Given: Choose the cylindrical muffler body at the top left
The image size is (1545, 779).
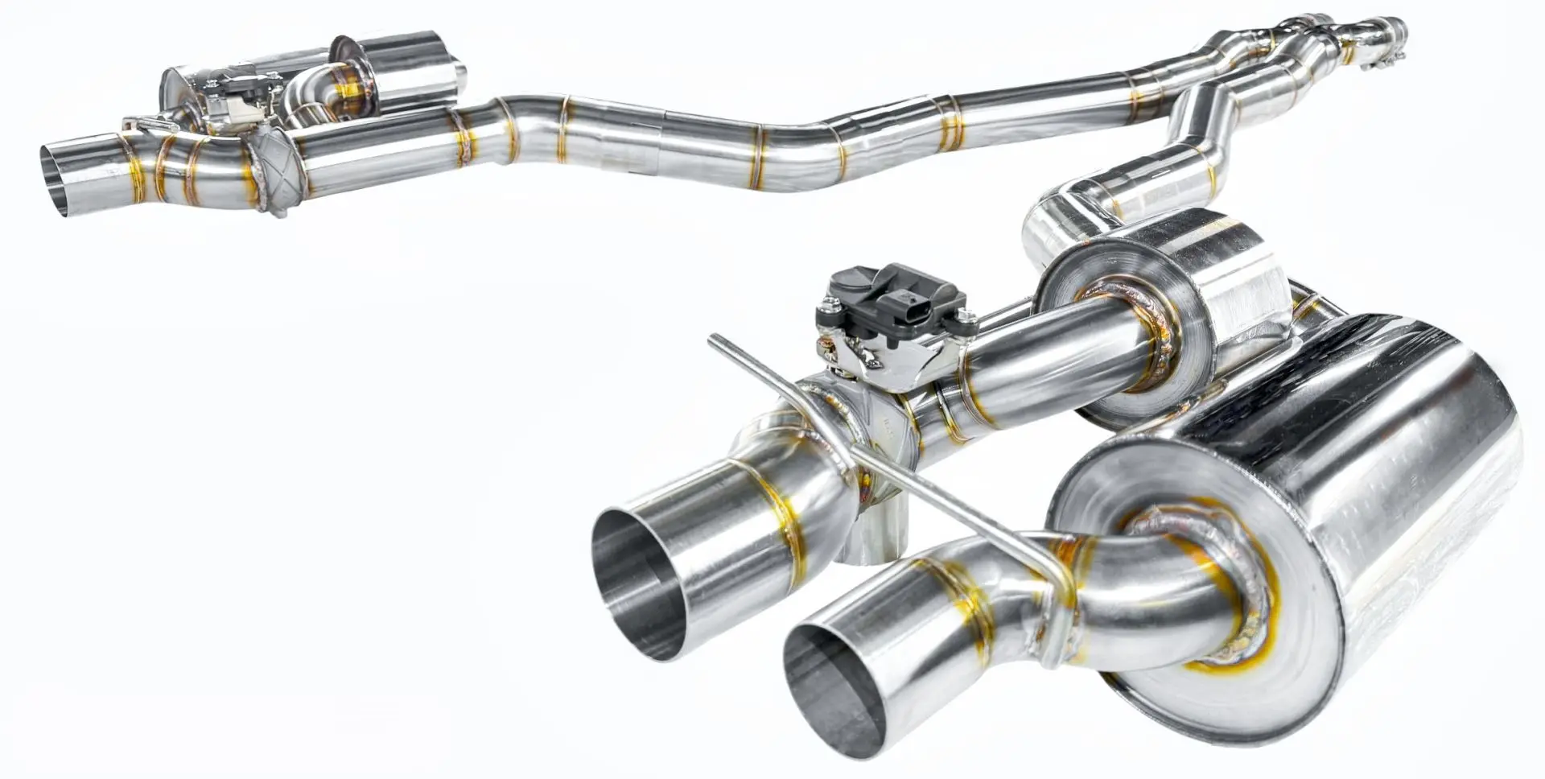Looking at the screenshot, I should pyautogui.click(x=410, y=68).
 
